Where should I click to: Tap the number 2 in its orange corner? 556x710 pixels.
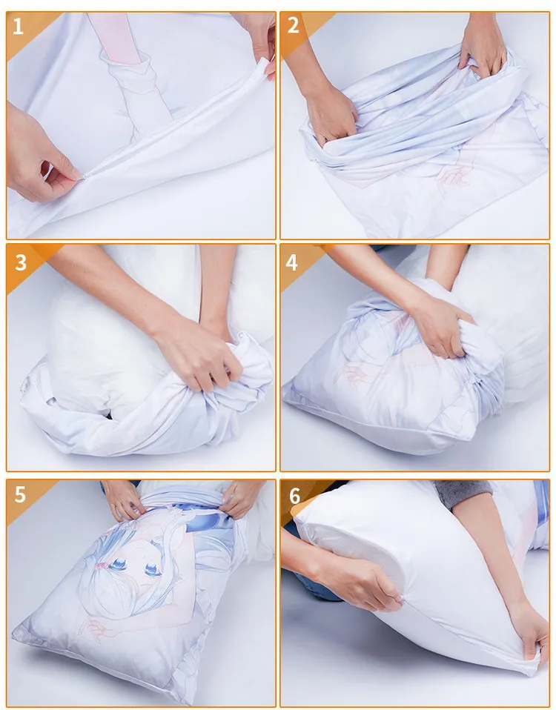294,26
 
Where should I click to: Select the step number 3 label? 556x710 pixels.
20,262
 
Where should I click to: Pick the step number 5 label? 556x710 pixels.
20,494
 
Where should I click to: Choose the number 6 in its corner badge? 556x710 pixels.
294,495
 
